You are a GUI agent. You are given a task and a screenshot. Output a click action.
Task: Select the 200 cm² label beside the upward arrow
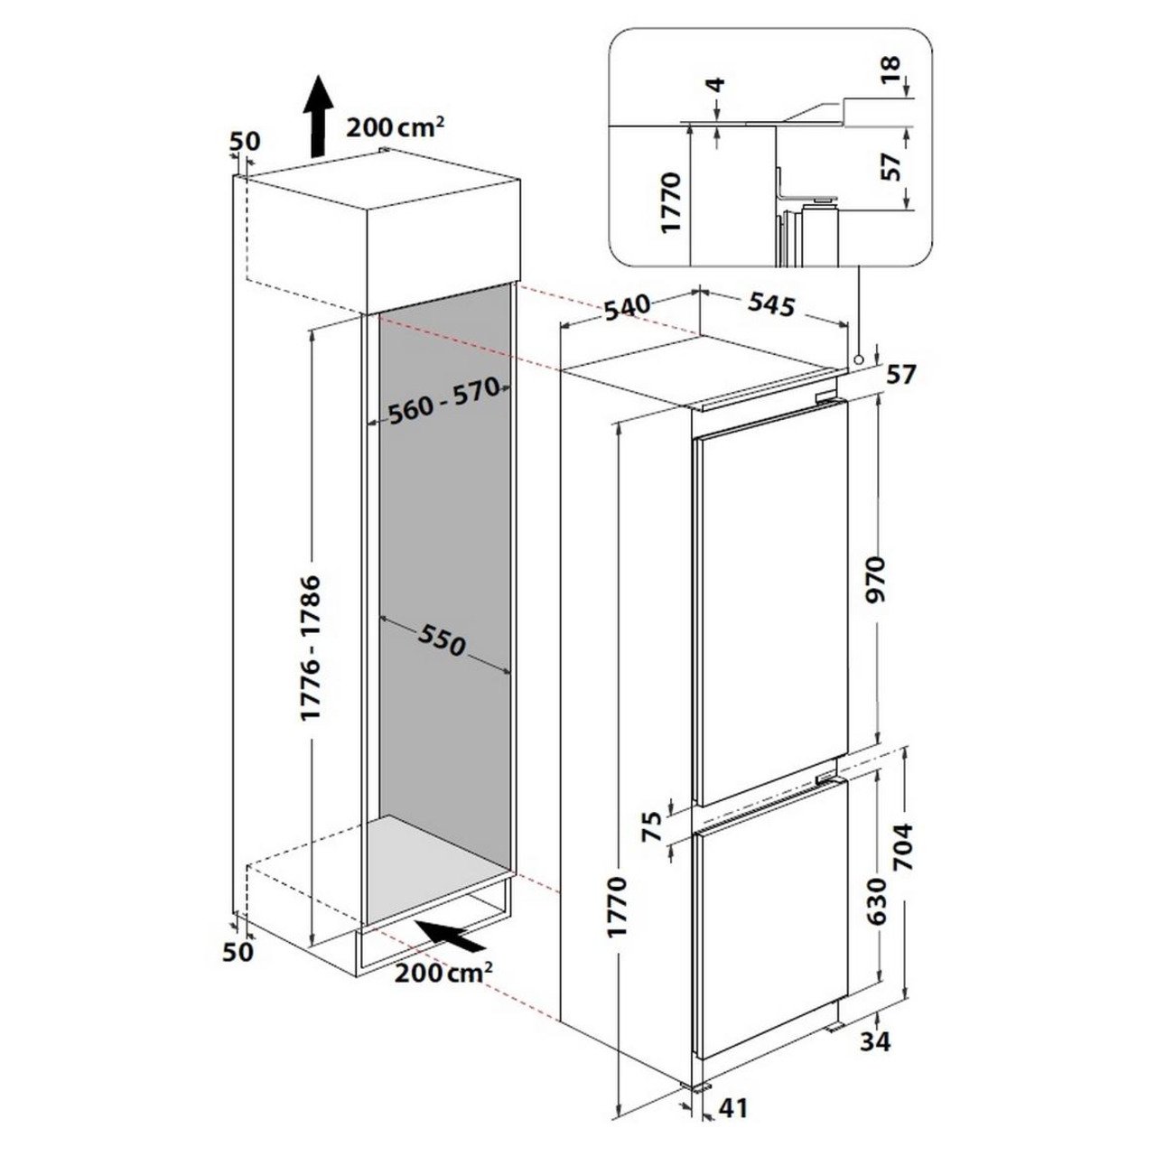[396, 126]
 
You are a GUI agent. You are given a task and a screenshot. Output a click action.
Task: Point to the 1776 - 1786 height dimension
[312, 648]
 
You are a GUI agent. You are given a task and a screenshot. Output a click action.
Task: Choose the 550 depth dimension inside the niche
[442, 639]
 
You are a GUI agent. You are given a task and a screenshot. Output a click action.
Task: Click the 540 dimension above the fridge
[627, 308]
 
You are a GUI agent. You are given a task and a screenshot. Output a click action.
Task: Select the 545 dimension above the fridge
[772, 304]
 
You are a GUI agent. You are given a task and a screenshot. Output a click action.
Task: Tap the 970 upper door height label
[877, 579]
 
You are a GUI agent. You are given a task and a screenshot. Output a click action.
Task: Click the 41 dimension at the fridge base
[732, 1123]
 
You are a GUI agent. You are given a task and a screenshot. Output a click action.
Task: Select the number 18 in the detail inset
[892, 70]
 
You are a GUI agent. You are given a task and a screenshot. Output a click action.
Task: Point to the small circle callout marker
[859, 359]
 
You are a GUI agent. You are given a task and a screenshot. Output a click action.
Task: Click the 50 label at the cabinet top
[246, 142]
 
